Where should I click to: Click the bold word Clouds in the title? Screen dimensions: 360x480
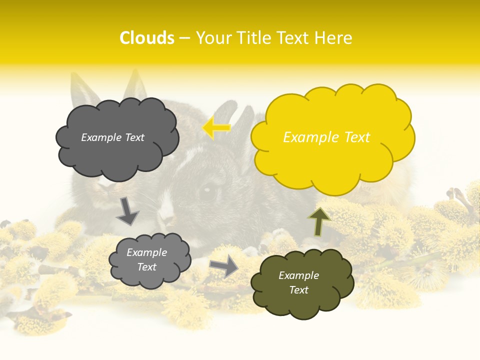147,38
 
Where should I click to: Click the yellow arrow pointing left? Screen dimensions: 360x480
216,127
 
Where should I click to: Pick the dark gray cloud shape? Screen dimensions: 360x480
117,138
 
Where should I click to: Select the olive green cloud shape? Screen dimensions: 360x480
302,283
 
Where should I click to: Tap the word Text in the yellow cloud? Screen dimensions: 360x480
356,137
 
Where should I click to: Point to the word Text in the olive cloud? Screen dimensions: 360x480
298,290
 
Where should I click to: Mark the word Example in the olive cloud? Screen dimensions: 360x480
298,275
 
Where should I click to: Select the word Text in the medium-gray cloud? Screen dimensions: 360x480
146,267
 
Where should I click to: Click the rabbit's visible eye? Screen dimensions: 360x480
207,191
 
